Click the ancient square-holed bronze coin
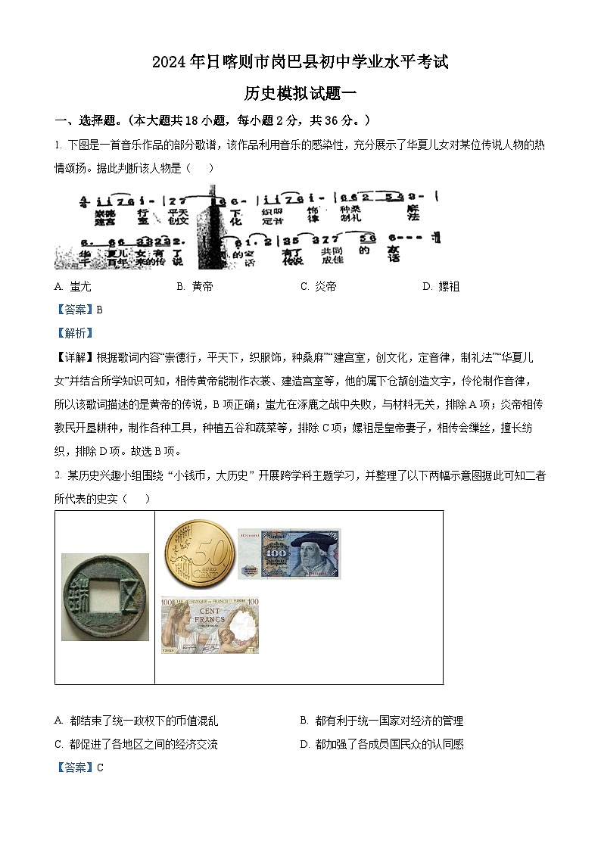coord(105,597)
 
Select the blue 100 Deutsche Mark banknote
coord(289,553)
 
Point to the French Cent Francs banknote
coord(210,624)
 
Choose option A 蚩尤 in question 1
coord(73,287)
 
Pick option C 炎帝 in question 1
coord(319,287)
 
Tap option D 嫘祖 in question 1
coord(441,287)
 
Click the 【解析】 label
coord(75,333)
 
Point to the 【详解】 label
coord(75,357)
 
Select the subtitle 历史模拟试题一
coord(300,93)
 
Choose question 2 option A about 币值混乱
coord(137,721)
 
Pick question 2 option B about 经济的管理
coord(381,721)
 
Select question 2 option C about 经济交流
coord(137,745)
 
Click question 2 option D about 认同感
coord(381,745)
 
